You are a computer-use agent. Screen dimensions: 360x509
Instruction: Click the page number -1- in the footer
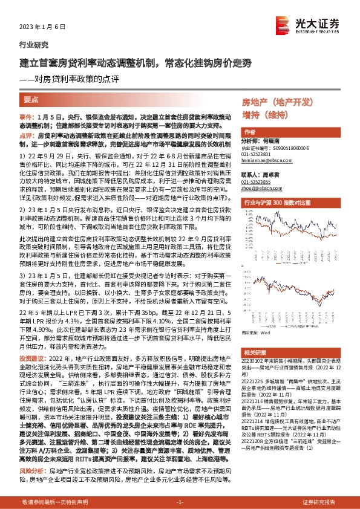pos(180,503)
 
